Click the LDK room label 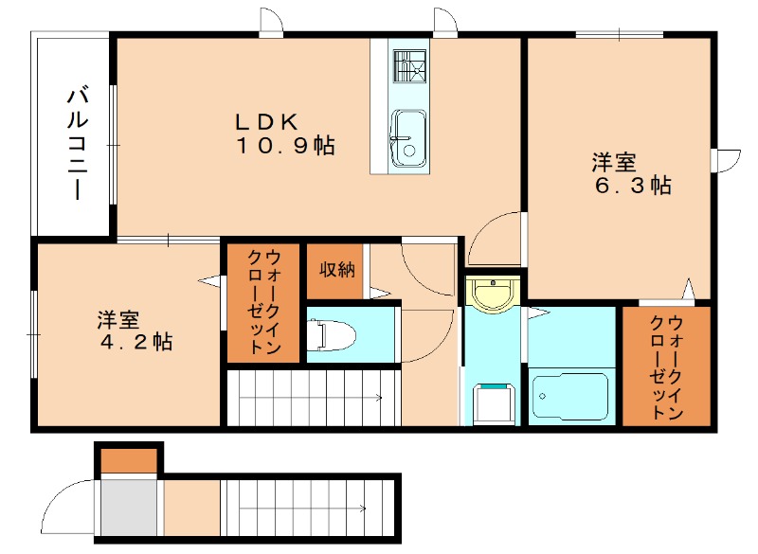click(266, 122)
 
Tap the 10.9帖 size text click(285, 146)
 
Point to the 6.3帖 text click(632, 185)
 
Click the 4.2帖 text click(136, 342)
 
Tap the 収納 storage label click(336, 270)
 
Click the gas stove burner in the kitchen click(409, 65)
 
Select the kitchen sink click(408, 138)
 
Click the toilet click(332, 334)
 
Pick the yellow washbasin click(493, 295)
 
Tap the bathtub click(570, 397)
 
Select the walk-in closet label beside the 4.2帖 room click(264, 302)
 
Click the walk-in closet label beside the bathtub click(666, 367)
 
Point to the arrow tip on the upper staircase click(382, 398)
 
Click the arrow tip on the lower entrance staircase click(365, 509)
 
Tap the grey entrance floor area click(129, 508)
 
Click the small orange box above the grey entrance click(129, 461)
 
